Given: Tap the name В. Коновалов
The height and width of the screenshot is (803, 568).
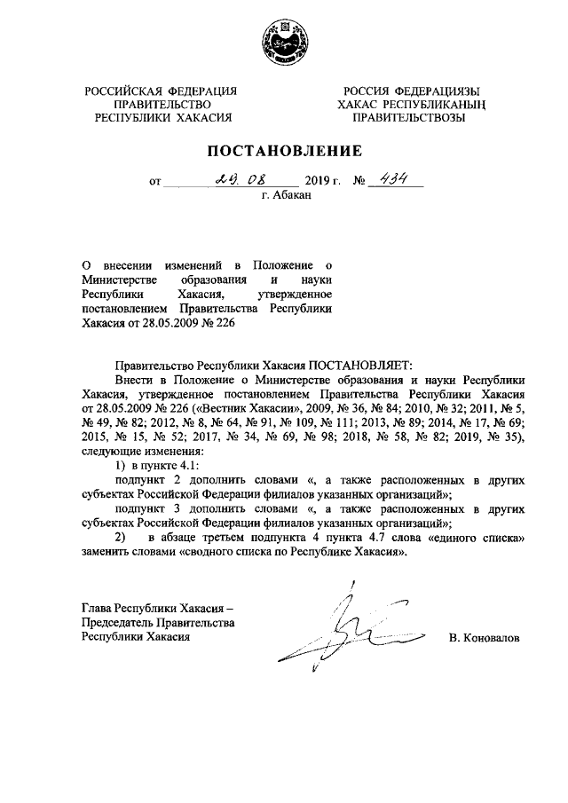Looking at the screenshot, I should tap(485, 637).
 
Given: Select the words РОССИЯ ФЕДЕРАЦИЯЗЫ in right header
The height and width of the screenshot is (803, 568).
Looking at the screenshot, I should tap(413, 91).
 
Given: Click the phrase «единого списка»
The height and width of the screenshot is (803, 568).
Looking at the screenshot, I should tap(477, 539).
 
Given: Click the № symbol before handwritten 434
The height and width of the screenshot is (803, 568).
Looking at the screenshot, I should tap(359, 183).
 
